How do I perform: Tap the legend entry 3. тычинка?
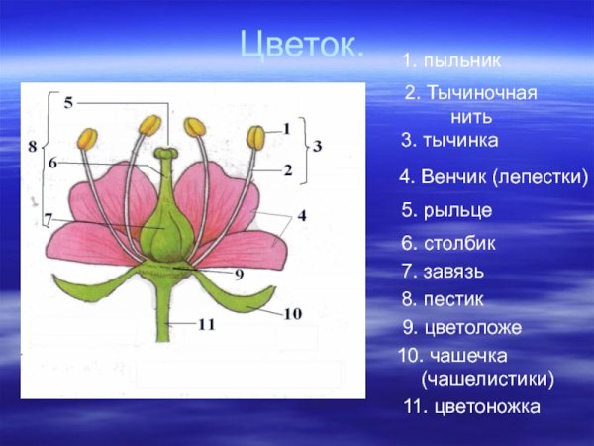[449, 141]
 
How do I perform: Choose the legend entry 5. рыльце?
[445, 210]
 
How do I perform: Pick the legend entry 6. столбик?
[448, 243]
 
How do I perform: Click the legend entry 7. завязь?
[443, 271]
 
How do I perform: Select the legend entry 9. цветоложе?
[461, 327]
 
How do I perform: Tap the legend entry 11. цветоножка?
[471, 406]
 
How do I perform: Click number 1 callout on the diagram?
[286, 128]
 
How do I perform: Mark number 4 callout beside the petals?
[301, 214]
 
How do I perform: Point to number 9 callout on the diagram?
[239, 275]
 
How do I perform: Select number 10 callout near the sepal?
[293, 314]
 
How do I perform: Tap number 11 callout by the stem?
[204, 324]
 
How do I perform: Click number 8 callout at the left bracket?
[33, 147]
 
